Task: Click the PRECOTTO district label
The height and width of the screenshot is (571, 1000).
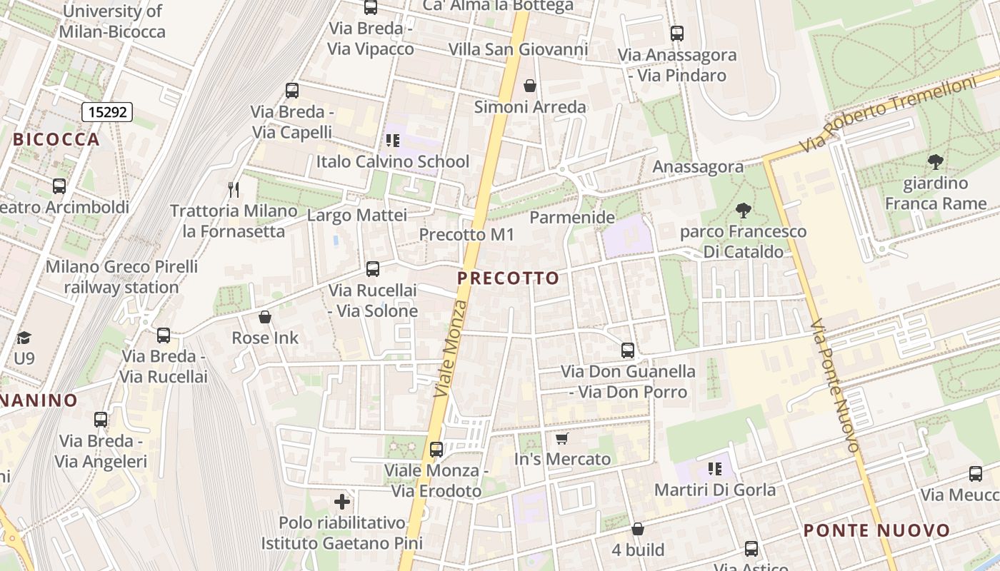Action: [x=508, y=278]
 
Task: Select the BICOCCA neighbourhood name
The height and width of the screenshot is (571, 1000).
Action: [x=56, y=139]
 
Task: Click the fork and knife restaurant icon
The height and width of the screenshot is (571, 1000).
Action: [x=233, y=189]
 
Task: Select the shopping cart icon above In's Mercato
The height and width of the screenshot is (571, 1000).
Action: [x=562, y=438]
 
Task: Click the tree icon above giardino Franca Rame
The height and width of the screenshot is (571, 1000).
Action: [x=934, y=162]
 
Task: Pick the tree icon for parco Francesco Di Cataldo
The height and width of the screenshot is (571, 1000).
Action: [x=743, y=210]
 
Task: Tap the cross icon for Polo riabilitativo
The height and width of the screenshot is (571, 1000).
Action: [x=342, y=502]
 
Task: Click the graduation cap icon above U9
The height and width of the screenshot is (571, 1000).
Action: [x=24, y=337]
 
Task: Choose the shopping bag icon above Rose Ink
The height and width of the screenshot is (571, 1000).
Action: [x=265, y=317]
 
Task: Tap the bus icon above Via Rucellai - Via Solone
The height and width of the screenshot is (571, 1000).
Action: [x=372, y=269]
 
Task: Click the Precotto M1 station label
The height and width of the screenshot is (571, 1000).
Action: [x=466, y=235]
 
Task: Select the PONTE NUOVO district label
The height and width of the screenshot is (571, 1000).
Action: [x=876, y=531]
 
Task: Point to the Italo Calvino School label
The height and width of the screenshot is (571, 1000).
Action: [x=393, y=162]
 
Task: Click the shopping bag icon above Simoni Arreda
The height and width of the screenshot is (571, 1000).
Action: [x=530, y=86]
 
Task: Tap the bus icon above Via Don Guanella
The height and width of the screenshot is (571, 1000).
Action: [x=628, y=350]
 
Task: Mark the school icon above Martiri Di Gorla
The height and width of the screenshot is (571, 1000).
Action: [x=714, y=469]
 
